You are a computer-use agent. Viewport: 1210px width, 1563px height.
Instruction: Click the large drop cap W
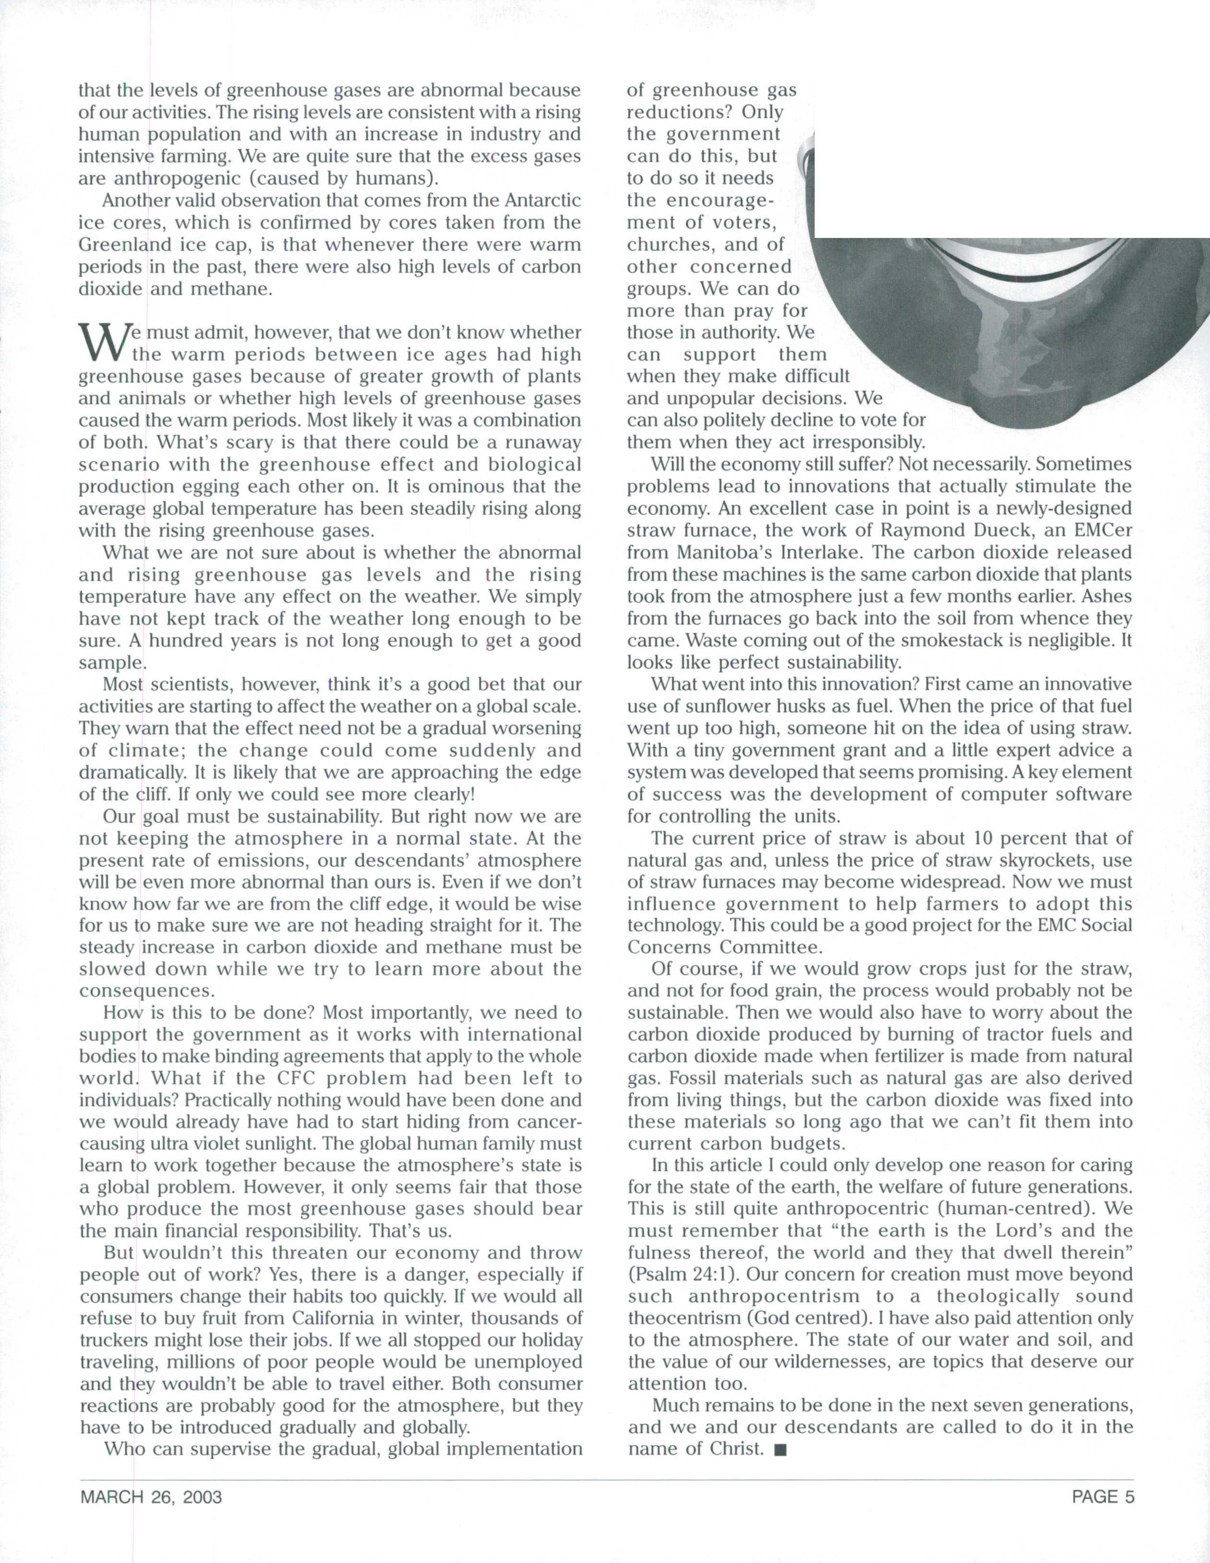(x=100, y=343)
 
